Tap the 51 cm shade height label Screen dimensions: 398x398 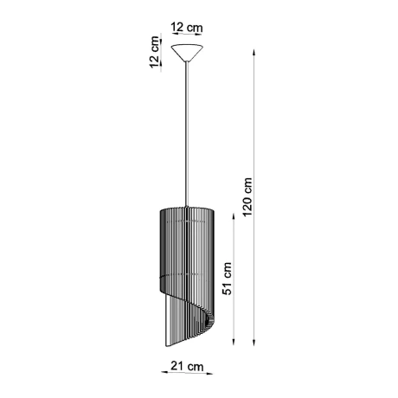click(x=228, y=279)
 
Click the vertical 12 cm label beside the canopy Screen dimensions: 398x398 click(x=154, y=53)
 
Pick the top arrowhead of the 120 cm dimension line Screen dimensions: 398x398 click(x=255, y=49)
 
